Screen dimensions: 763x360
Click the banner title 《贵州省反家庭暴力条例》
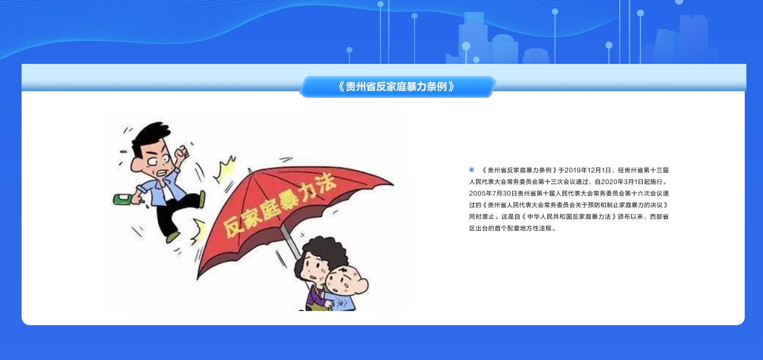tap(396, 87)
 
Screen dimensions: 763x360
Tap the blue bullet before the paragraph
tap(471, 170)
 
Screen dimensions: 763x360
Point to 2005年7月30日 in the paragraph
tap(493, 193)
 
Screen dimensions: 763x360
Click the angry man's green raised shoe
tap(202, 199)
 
